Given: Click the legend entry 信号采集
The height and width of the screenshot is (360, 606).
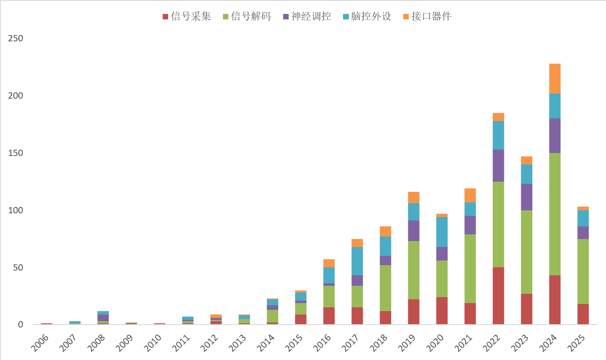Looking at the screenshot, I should tap(187, 16).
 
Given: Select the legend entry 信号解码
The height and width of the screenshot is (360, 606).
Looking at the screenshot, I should tap(247, 16).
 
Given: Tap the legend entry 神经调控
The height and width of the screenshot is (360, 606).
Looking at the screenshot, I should tap(307, 16).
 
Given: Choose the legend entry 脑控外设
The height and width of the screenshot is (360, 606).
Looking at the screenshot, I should tap(367, 16).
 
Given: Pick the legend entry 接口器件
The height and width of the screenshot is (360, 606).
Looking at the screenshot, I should tap(427, 16).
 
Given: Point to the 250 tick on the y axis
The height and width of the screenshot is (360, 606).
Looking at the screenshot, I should tap(16, 38).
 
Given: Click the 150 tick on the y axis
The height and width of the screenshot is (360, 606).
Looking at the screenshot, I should tap(16, 153).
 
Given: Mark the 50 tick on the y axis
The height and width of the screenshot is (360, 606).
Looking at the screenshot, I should tap(18, 268).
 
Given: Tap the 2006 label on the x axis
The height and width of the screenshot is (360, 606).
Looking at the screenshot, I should tap(40, 342).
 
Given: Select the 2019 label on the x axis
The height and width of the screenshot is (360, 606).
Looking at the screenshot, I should tap(407, 342).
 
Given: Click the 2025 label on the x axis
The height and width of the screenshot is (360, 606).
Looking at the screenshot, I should tap(576, 342).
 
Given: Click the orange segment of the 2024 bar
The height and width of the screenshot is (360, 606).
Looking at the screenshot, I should tap(555, 78).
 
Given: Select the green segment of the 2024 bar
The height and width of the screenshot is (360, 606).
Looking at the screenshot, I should tap(555, 214).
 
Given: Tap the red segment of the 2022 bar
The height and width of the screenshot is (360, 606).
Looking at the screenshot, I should tap(498, 296).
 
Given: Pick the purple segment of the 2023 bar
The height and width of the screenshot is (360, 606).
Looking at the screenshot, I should tap(526, 197).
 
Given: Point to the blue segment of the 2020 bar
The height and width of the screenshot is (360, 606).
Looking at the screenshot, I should tap(442, 232).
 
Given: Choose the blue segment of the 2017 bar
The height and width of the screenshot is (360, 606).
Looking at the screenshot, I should tap(357, 261).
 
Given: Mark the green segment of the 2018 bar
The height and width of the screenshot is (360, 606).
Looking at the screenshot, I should tap(385, 288).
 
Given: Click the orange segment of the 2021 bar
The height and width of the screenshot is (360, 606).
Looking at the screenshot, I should tap(470, 195).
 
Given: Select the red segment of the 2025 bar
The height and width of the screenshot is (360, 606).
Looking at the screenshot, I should tap(583, 314).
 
